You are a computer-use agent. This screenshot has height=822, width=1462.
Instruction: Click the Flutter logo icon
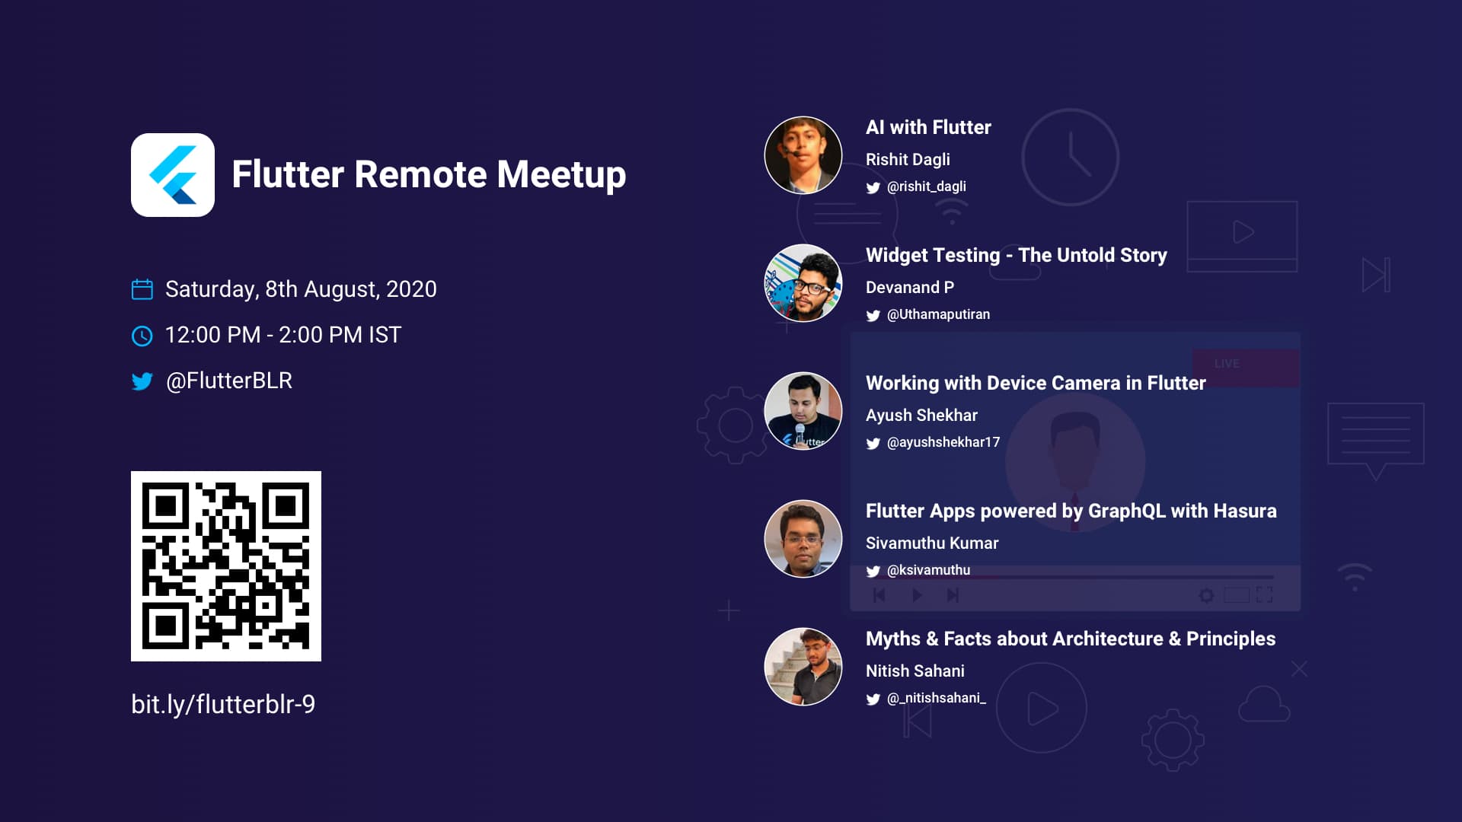click(x=173, y=175)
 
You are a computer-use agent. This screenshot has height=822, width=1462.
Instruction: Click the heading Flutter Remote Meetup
click(x=429, y=174)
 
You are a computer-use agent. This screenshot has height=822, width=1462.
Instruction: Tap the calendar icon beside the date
click(x=142, y=289)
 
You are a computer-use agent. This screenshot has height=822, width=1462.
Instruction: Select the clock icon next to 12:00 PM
click(x=142, y=336)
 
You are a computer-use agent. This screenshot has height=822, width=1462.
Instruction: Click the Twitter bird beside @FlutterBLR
click(x=142, y=381)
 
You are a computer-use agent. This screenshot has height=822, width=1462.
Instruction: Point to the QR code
click(x=226, y=566)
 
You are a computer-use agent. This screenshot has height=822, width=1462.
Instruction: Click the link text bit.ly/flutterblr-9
click(x=223, y=705)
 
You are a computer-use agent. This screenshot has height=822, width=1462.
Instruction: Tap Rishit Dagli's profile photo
click(x=803, y=155)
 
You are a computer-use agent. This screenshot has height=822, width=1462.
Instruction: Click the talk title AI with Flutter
click(x=928, y=127)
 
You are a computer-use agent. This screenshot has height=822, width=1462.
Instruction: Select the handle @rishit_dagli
click(x=927, y=186)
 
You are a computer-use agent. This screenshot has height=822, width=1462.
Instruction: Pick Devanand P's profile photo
click(x=803, y=283)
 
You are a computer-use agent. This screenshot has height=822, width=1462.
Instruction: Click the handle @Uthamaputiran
click(x=938, y=314)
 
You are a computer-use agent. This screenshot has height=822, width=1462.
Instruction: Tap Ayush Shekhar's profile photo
click(x=803, y=411)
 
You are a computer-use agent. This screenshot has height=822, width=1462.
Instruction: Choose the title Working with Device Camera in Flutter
click(x=1036, y=383)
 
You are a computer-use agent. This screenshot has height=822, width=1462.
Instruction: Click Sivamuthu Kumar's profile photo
click(x=803, y=539)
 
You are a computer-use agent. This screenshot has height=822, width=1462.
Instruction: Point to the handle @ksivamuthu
click(x=928, y=570)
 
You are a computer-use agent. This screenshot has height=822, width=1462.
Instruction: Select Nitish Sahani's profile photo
click(x=803, y=667)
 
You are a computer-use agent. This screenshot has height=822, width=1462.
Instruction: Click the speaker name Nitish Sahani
click(x=915, y=671)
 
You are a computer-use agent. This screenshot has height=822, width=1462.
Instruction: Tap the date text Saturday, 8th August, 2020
click(x=301, y=289)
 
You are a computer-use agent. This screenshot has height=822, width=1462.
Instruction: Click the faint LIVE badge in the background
click(x=1227, y=364)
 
